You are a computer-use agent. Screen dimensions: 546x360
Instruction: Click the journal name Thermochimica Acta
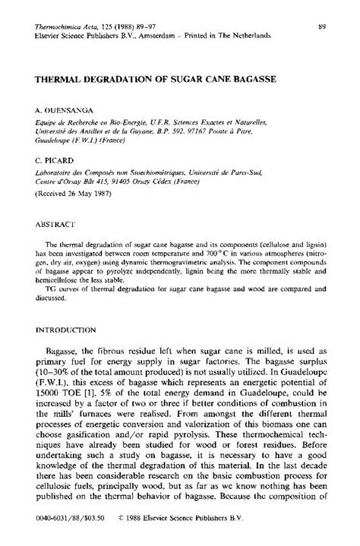pyautogui.click(x=60, y=27)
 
